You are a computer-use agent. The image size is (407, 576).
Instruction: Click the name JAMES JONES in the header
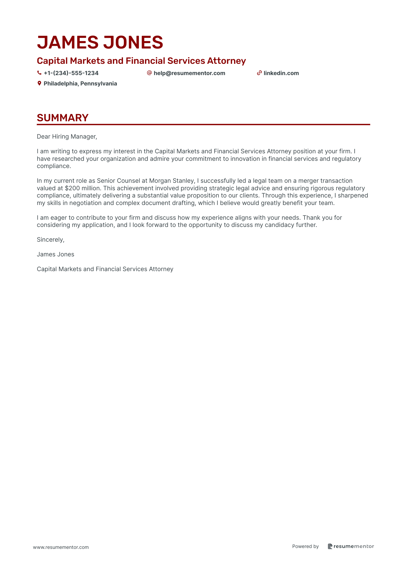click(x=100, y=42)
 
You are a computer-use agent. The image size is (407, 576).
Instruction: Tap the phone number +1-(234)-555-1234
click(x=71, y=73)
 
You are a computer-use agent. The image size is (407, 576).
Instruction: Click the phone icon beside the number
click(x=40, y=73)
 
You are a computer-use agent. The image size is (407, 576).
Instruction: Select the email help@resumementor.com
click(x=189, y=73)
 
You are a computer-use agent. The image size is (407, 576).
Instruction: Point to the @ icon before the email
click(x=149, y=73)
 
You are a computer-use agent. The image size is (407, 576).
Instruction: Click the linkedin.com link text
click(x=281, y=73)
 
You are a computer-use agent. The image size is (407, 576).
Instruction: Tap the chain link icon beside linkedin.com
click(x=259, y=73)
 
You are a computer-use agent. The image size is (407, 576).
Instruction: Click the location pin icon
click(x=40, y=83)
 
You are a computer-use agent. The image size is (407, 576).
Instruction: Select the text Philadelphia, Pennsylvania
click(x=80, y=83)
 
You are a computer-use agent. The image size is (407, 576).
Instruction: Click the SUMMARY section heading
click(x=63, y=118)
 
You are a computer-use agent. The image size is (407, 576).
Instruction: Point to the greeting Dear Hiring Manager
click(x=67, y=137)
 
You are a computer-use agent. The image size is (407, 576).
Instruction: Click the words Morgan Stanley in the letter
click(x=171, y=181)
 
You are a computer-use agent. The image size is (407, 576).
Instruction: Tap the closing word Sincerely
click(x=50, y=240)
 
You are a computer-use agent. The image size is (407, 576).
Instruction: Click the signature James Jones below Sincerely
click(x=55, y=254)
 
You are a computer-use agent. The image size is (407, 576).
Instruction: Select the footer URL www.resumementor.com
click(x=61, y=547)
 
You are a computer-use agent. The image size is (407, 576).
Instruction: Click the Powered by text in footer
click(x=305, y=546)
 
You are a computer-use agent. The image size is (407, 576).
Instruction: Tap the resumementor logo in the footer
click(x=351, y=546)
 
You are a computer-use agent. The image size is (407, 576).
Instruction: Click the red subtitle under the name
click(x=141, y=61)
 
